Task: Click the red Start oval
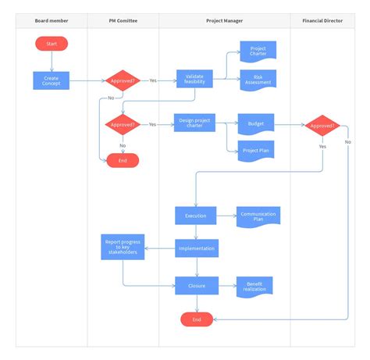[x=52, y=44]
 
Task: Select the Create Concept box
[x=52, y=80]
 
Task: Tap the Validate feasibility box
[x=194, y=80]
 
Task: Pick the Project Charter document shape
[x=258, y=52]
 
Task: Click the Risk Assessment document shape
[x=258, y=80]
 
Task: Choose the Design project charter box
[x=194, y=124]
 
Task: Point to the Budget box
[x=256, y=124]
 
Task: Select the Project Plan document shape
[x=256, y=151]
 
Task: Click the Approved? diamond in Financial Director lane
[x=322, y=124]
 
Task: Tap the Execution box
[x=195, y=215]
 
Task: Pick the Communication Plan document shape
[x=258, y=216]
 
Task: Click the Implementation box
[x=196, y=248]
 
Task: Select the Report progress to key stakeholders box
[x=122, y=248]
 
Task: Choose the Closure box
[x=196, y=286]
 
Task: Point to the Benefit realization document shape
[x=255, y=286]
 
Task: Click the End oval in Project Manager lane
[x=197, y=319]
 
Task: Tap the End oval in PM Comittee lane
[x=123, y=160]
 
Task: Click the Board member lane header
[x=51, y=20]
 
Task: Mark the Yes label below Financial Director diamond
[x=322, y=146]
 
